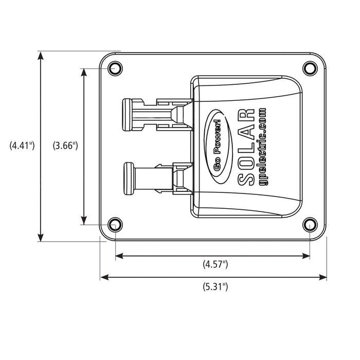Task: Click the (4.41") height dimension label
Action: click(22, 146)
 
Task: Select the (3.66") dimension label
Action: click(65, 146)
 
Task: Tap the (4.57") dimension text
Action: click(215, 264)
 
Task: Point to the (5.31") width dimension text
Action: click(215, 287)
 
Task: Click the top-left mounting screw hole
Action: click(115, 68)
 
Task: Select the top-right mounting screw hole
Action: click(309, 68)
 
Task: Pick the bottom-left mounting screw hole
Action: click(115, 224)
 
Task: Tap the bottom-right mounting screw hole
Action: click(309, 224)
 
